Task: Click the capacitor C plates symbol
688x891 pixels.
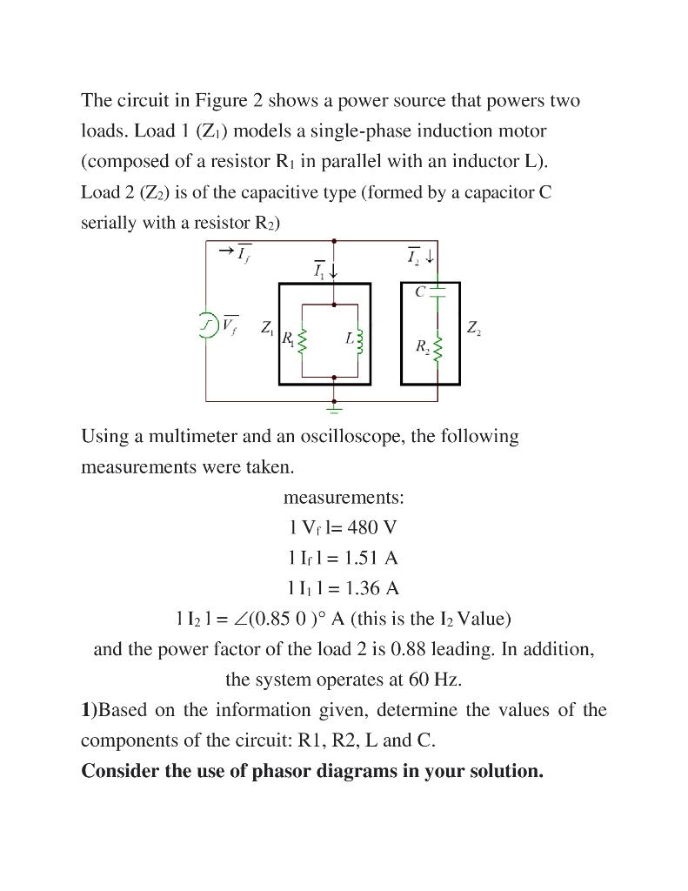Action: click(x=438, y=291)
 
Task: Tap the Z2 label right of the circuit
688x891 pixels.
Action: click(x=473, y=328)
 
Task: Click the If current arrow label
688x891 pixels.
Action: click(x=237, y=251)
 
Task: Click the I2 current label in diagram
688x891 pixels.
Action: click(x=415, y=255)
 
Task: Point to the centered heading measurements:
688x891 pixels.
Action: click(x=344, y=498)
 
